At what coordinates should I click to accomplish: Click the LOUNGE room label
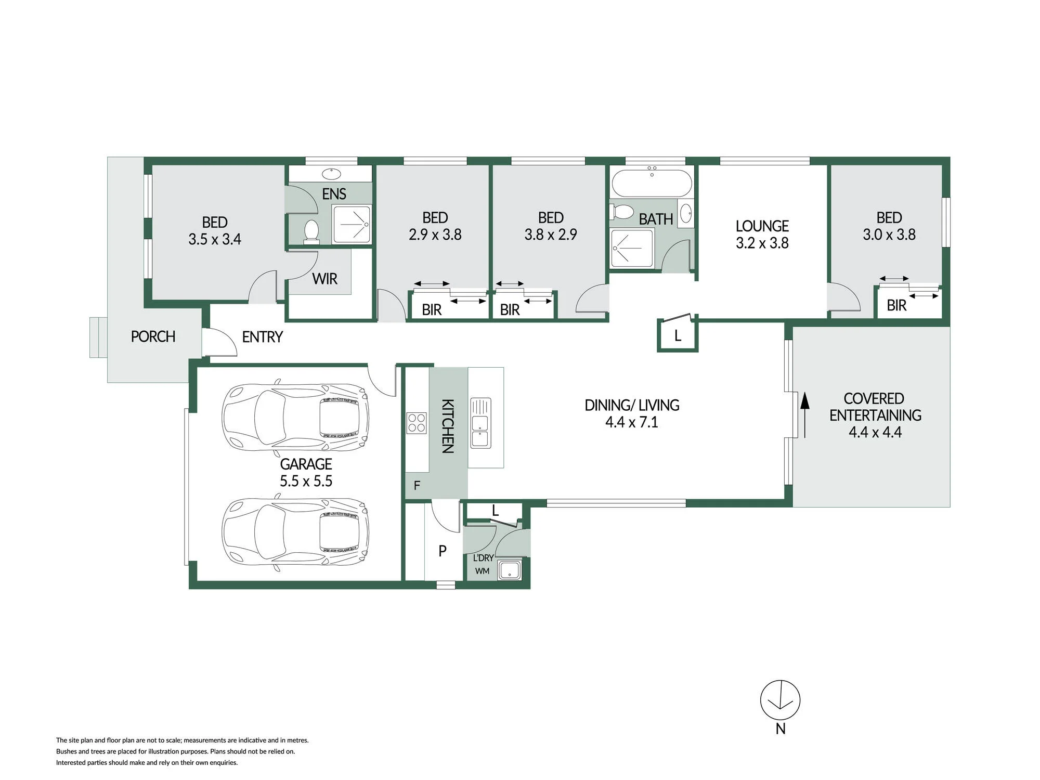(762, 226)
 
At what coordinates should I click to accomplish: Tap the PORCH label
(153, 336)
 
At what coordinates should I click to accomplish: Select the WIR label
(324, 279)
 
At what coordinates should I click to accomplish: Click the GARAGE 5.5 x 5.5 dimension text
(306, 481)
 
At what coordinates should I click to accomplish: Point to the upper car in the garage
(295, 417)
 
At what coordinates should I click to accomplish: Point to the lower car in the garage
(295, 532)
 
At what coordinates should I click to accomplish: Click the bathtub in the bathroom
(652, 183)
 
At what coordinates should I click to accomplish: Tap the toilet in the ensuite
(311, 231)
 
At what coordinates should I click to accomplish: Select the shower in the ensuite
(352, 224)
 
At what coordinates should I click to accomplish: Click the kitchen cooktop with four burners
(416, 423)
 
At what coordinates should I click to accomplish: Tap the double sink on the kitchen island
(480, 423)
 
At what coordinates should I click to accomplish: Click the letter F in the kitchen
(417, 486)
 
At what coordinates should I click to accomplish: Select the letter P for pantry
(443, 550)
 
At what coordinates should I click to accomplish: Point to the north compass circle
(780, 700)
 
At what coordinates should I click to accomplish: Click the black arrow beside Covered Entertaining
(804, 414)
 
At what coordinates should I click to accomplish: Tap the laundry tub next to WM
(509, 570)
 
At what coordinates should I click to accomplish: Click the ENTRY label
(262, 337)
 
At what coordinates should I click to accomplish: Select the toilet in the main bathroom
(622, 212)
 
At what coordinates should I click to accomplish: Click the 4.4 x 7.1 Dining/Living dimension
(631, 422)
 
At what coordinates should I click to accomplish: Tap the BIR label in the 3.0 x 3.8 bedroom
(896, 305)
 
